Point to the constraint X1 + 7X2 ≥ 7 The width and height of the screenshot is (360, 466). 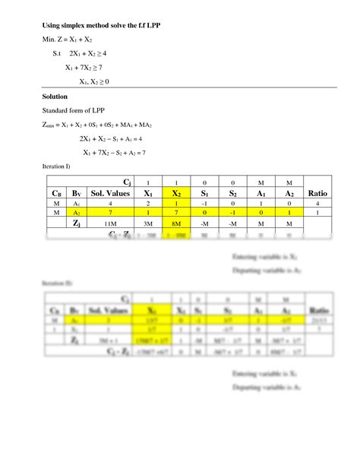pos(94,68)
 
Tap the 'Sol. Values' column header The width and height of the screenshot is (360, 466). pos(112,194)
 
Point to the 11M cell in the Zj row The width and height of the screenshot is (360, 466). pos(112,226)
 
